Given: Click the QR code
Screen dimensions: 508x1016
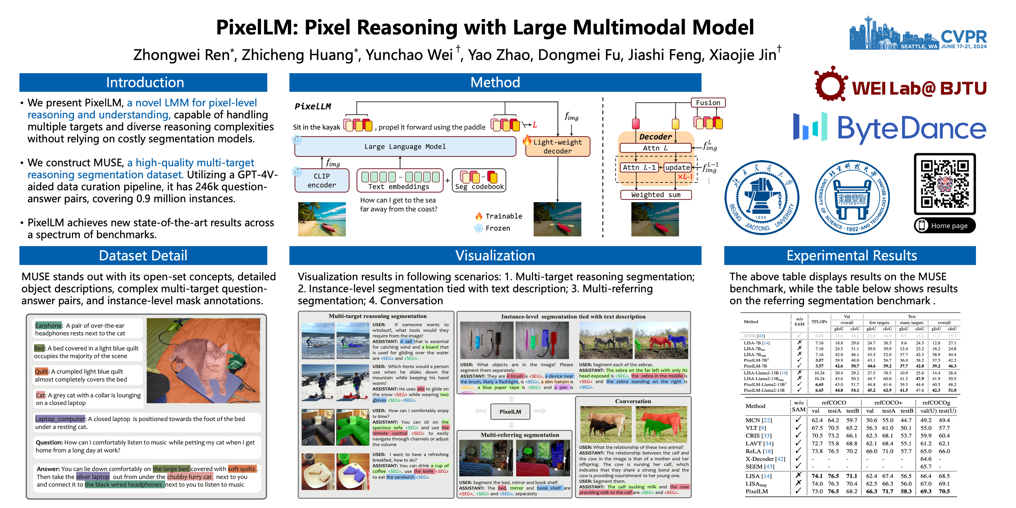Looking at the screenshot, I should [x=945, y=184].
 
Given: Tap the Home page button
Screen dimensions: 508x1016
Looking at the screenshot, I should [x=945, y=226].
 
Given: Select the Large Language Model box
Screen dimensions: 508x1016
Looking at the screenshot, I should [x=405, y=147].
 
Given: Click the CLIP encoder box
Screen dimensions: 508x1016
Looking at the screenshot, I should [x=322, y=181].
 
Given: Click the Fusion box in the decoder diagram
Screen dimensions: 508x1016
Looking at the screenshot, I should [x=708, y=103].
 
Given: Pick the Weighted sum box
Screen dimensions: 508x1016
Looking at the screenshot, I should [x=656, y=195].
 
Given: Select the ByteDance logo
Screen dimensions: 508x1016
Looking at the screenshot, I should [x=890, y=129].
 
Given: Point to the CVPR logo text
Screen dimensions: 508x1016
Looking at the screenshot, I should [x=964, y=37].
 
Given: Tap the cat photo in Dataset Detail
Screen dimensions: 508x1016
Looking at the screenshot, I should [x=203, y=360].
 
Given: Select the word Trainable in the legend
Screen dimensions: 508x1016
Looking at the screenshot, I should [x=504, y=216].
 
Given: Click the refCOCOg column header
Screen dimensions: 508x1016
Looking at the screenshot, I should [x=936, y=403].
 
